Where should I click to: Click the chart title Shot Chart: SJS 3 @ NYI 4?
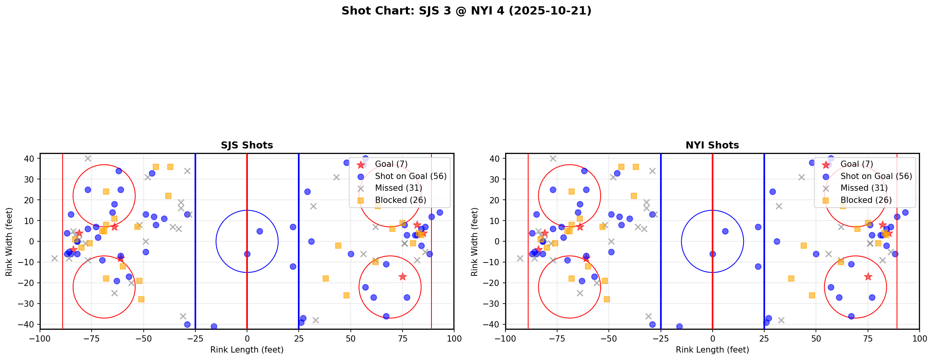point(466,11)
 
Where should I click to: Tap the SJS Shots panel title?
point(247,145)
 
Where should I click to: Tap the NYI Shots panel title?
point(712,145)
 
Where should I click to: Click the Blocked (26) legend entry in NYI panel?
point(866,200)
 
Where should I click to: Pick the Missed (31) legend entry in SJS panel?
point(398,188)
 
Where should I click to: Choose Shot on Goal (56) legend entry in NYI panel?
point(876,176)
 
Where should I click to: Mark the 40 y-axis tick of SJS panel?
point(31,159)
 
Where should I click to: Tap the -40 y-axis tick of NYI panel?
point(494,324)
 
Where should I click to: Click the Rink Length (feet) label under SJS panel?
point(247,350)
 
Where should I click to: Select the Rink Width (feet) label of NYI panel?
point(475,242)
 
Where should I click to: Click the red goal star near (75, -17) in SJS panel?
point(402,277)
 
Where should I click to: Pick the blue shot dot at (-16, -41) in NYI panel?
point(679,326)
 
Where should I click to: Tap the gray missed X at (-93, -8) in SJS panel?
point(54,258)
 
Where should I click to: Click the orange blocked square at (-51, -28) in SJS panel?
point(141,299)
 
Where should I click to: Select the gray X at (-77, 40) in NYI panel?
point(553,159)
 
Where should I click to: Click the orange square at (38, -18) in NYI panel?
point(791,279)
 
